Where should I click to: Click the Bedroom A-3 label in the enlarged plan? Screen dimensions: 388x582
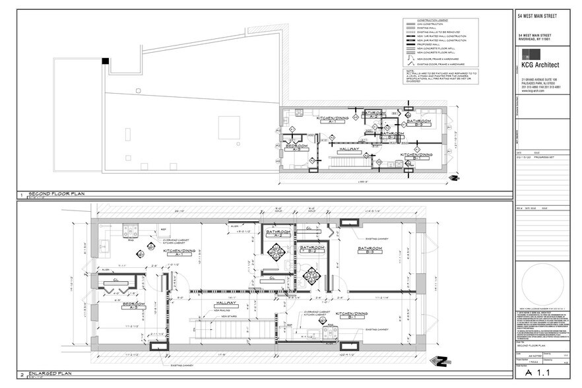tap(133, 306)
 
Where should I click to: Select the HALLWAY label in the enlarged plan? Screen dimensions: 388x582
tap(225, 303)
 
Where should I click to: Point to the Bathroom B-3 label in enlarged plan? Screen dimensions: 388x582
tap(370, 249)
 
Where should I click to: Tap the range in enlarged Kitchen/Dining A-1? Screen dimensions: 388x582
tap(130, 230)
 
